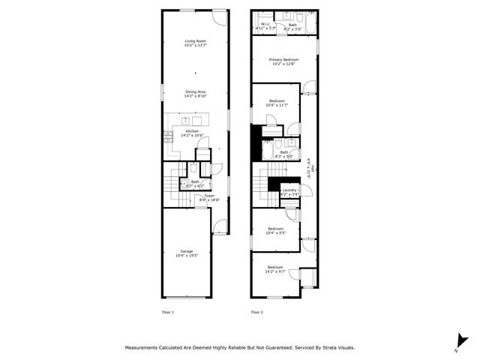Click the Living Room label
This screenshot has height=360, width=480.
click(x=196, y=43)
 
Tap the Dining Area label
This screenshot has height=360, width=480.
click(x=196, y=94)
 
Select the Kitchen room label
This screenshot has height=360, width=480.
click(x=192, y=133)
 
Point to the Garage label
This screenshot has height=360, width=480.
click(x=186, y=253)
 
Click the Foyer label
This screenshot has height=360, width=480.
click(x=210, y=197)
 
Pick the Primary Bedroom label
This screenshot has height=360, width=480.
click(x=284, y=61)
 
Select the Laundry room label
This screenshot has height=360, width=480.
click(x=289, y=192)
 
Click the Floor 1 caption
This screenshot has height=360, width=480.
click(x=168, y=311)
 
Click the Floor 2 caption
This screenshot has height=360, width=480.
click(x=257, y=311)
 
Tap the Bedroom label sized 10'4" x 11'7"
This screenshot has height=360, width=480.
click(x=277, y=103)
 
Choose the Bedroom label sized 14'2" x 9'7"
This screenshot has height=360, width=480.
click(x=276, y=268)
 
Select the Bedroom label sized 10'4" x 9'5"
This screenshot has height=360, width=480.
click(x=276, y=231)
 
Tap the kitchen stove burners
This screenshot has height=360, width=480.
click(x=168, y=136)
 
